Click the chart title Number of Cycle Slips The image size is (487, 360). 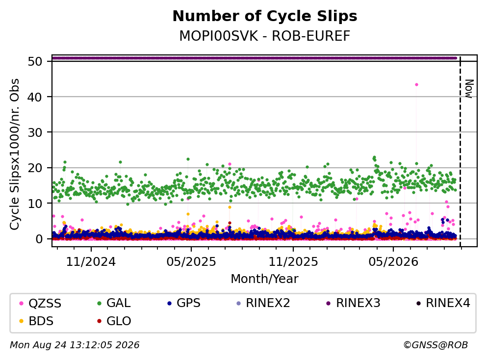click(265, 16)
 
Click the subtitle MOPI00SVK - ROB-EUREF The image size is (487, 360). click(265, 36)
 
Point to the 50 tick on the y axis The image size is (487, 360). click(35, 61)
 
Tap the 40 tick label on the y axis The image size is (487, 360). click(35, 97)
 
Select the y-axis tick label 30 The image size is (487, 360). click(35, 132)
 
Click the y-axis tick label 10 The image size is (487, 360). click(35, 204)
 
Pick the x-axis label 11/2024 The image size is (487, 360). click(91, 262)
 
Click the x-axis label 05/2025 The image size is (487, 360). click(191, 262)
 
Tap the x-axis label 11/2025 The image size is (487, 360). click(293, 262)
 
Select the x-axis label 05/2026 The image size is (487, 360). click(393, 262)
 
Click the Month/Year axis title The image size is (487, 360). click(265, 279)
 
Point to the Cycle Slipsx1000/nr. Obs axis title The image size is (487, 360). click(15, 154)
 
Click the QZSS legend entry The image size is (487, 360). click(40, 303)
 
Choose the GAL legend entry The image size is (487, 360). click(114, 303)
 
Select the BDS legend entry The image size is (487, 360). click(36, 321)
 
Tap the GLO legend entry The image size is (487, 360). click(114, 321)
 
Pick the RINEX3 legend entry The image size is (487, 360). click(354, 303)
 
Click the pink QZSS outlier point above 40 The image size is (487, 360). click(416, 85)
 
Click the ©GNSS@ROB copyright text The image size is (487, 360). click(436, 345)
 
